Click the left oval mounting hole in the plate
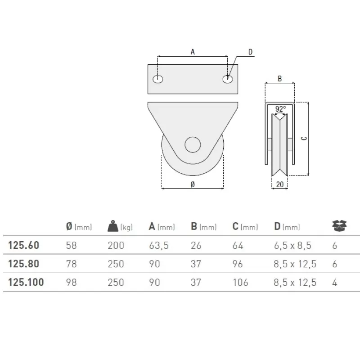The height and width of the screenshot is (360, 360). (x=157, y=79)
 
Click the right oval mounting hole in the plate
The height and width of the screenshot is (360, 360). (x=228, y=79)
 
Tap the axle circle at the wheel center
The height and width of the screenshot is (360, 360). (x=192, y=145)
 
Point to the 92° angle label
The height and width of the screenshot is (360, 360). (x=280, y=109)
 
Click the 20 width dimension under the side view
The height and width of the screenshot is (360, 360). (x=279, y=184)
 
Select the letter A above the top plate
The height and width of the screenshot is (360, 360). (x=193, y=52)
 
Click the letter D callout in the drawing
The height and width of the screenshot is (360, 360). (x=250, y=52)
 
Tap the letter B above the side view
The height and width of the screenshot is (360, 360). (x=279, y=78)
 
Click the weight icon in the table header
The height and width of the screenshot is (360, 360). (x=112, y=226)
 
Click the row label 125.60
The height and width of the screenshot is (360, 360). (x=24, y=246)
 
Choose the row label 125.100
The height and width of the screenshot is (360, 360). (x=26, y=283)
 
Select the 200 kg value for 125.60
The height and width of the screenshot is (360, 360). (x=116, y=246)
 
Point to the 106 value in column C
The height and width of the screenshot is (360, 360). (x=241, y=283)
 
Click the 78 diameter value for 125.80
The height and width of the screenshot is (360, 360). (x=72, y=264)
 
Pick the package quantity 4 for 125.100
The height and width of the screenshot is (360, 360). (x=334, y=283)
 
